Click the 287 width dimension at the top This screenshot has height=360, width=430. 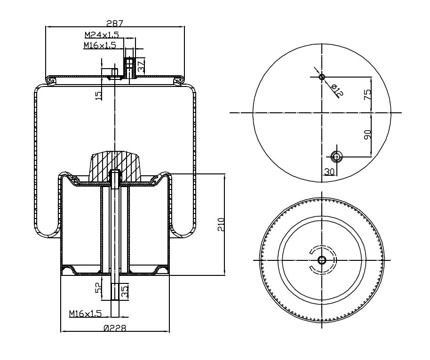pyautogui.click(x=115, y=23)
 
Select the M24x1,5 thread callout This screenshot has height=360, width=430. pyautogui.click(x=102, y=35)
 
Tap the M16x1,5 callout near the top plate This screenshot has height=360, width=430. pyautogui.click(x=100, y=45)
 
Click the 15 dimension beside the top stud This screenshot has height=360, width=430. pyautogui.click(x=98, y=95)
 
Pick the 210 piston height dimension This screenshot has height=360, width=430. pyautogui.click(x=221, y=224)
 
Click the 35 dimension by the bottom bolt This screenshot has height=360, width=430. pyautogui.click(x=125, y=291)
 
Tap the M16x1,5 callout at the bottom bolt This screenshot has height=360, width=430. pyautogui.click(x=85, y=313)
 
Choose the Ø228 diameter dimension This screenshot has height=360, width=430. pyautogui.click(x=115, y=328)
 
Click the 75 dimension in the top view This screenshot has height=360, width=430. pyautogui.click(x=367, y=94)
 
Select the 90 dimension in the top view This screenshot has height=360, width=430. pyautogui.click(x=367, y=134)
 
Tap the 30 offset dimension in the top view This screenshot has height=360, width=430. pyautogui.click(x=329, y=172)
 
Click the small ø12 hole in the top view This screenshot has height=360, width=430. pyautogui.click(x=322, y=77)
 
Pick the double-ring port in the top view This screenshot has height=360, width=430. pyautogui.click(x=336, y=157)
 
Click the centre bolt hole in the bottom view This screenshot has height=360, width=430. pyautogui.click(x=322, y=260)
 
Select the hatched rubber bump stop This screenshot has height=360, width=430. pyautogui.click(x=115, y=166)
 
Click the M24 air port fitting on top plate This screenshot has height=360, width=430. pyautogui.click(x=129, y=68)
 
